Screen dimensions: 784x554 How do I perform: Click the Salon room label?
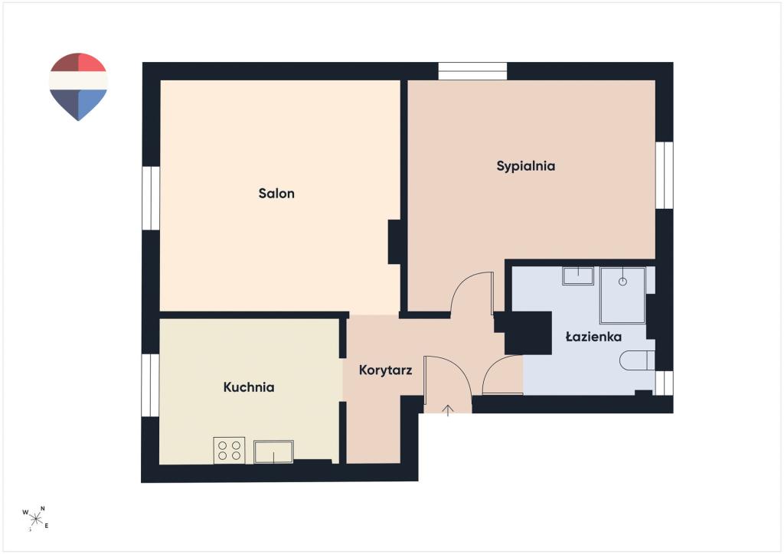276,194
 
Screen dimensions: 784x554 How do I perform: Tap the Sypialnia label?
525,166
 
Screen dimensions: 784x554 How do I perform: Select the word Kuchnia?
249,387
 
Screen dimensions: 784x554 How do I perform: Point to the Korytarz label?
386,370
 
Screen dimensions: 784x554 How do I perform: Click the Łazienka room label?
593,337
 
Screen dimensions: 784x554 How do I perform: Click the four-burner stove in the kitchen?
229,450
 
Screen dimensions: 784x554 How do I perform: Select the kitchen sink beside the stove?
273,451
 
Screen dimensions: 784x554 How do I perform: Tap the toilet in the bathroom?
637,360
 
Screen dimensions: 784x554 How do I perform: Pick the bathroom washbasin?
578,276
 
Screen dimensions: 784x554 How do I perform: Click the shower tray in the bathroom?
623,295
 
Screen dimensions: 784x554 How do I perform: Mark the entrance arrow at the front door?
448,410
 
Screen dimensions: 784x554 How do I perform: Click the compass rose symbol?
35,519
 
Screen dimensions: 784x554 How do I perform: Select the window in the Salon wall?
151,198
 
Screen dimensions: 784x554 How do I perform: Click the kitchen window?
150,385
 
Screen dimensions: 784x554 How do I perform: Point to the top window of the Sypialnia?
472,71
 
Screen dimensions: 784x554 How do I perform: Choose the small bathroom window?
664,383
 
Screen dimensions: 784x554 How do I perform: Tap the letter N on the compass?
43,509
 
